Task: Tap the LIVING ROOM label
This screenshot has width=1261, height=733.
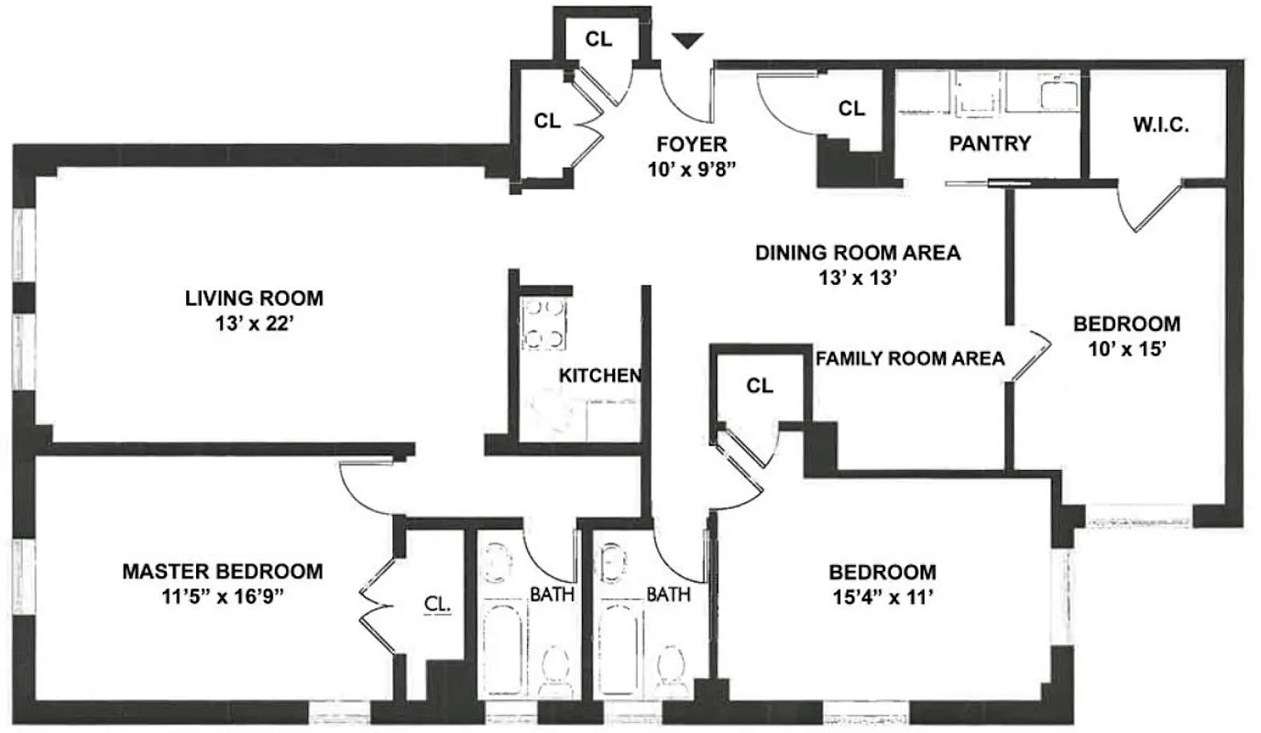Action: (254, 298)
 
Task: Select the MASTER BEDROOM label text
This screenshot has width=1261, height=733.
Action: (223, 572)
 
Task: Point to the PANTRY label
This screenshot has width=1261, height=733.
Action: (990, 144)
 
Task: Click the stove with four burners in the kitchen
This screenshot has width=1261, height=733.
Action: (543, 324)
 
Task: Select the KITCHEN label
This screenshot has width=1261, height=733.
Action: (599, 376)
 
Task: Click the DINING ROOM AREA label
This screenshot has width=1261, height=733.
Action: (858, 253)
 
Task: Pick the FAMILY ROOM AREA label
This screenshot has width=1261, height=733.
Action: (911, 358)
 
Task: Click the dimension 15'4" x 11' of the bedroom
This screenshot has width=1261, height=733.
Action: (883, 596)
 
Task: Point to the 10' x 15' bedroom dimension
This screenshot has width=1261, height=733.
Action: (1126, 348)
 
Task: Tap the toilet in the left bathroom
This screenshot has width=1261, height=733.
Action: (556, 666)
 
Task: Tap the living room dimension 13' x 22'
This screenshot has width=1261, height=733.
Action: (254, 322)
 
